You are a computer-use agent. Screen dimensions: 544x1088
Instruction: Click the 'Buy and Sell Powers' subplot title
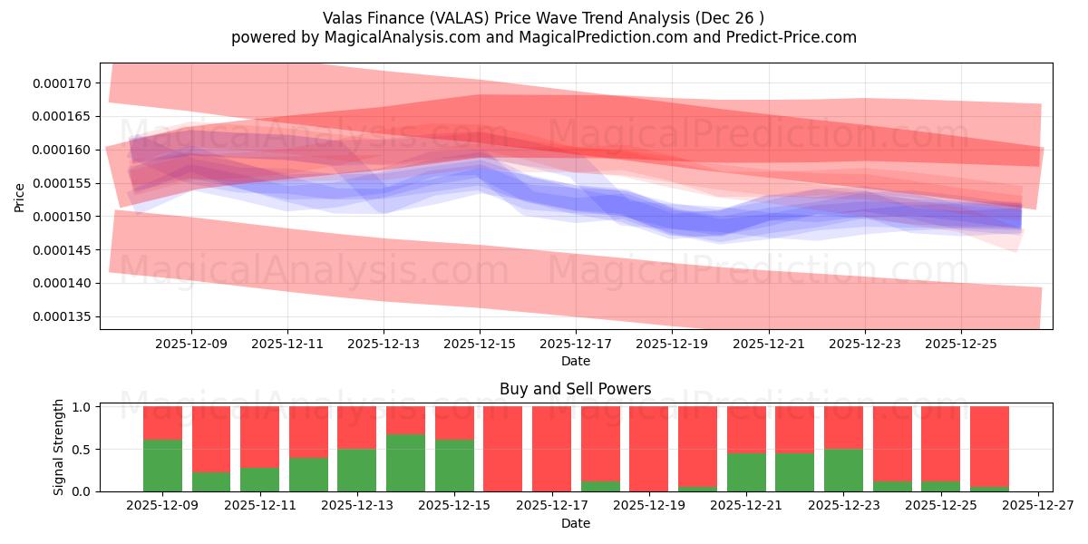(x=575, y=389)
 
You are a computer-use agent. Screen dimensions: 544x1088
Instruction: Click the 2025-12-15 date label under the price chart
(x=480, y=344)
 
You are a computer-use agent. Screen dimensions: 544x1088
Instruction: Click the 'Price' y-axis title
(x=20, y=196)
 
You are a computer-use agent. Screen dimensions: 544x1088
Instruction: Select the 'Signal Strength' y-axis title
(x=59, y=447)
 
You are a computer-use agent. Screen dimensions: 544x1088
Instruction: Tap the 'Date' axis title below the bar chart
(x=575, y=523)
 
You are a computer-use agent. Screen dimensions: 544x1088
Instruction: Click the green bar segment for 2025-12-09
(x=162, y=465)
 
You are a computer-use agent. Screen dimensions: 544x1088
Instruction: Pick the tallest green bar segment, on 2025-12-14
(x=405, y=462)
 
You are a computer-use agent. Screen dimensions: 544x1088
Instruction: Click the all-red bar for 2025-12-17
(x=551, y=448)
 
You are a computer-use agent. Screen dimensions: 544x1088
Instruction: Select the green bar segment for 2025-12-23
(x=843, y=470)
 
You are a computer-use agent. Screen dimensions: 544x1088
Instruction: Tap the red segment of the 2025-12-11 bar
(x=259, y=436)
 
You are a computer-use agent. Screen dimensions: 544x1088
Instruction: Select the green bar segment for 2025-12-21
(x=746, y=471)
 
